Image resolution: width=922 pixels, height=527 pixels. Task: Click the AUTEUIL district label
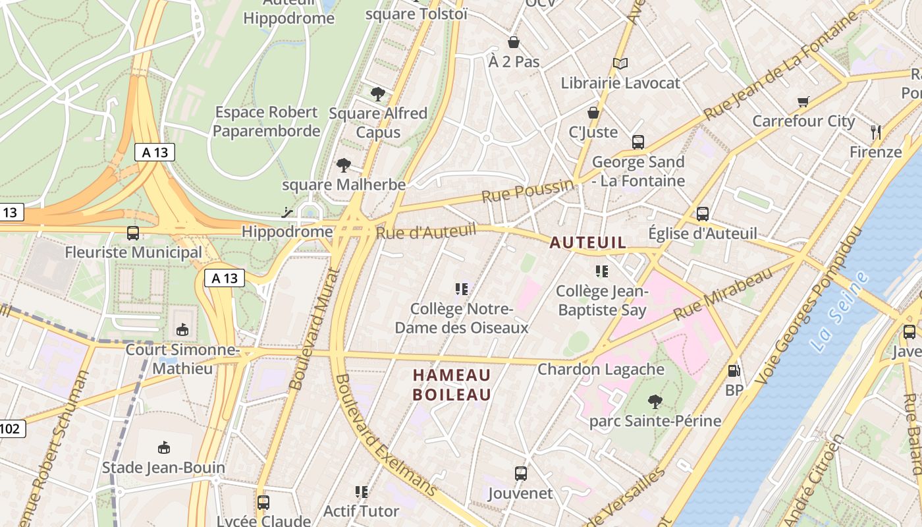587,243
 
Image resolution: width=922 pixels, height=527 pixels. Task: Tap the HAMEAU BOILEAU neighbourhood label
452,385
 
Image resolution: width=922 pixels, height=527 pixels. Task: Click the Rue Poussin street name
527,192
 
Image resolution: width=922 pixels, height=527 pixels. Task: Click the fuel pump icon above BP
734,371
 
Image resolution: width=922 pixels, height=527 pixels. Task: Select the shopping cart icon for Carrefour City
803,101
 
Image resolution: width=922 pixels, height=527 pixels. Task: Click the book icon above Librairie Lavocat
620,63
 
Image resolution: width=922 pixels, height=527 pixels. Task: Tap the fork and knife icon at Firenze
875,132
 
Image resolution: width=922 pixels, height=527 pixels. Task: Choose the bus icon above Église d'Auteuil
703,213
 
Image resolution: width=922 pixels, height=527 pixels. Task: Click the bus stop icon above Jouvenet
520,473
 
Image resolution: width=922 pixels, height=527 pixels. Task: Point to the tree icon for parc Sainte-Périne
655,401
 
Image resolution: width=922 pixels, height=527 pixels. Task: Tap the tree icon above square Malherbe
343,165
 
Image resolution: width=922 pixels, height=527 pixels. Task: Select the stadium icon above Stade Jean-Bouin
164,448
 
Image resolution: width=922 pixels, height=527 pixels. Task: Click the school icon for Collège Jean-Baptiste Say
601,271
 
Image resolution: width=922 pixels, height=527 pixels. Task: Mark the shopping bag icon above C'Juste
593,113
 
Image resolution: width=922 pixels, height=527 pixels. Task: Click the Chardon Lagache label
601,369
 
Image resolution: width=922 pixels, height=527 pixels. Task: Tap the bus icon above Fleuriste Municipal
133,233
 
